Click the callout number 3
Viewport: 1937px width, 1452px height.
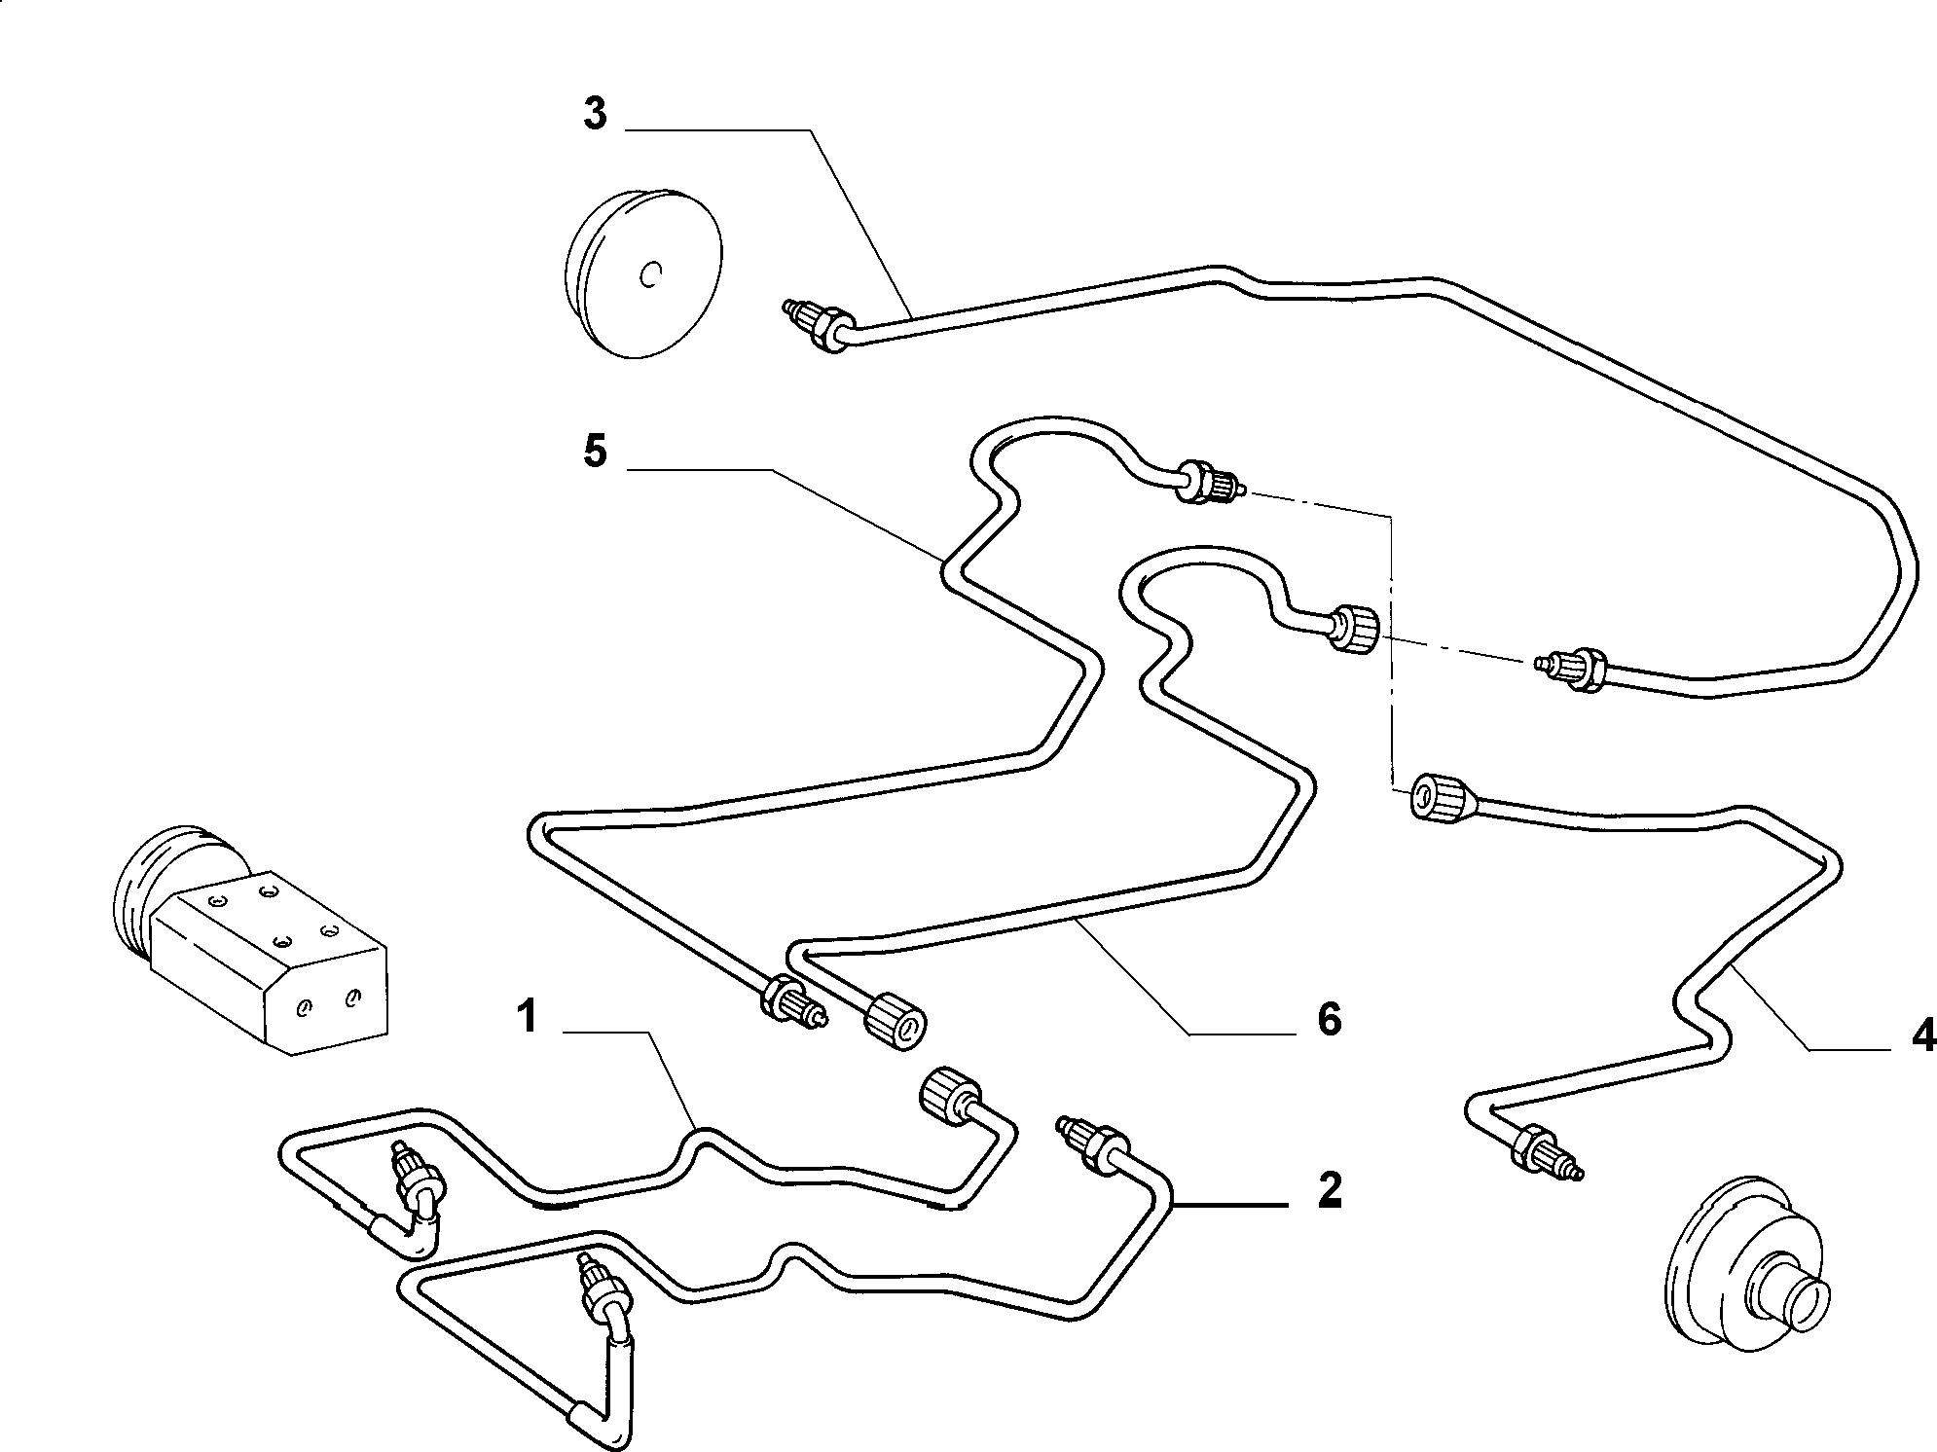(595, 114)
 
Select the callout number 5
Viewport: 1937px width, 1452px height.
(595, 452)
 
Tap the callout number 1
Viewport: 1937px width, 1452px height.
(529, 1018)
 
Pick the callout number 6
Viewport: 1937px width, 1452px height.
(1329, 1019)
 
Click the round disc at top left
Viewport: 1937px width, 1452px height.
(643, 275)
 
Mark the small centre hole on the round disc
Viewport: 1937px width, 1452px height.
(651, 275)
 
